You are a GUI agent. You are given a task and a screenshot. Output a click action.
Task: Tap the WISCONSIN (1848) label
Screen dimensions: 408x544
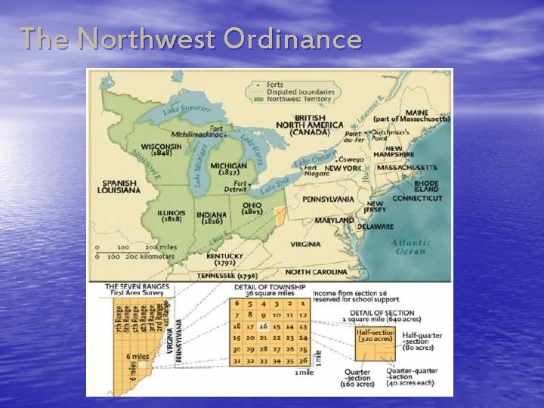(161, 149)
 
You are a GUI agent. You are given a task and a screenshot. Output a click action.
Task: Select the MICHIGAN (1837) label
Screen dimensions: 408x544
(228, 168)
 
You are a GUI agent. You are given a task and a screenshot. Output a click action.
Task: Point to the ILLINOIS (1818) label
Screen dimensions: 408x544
(172, 217)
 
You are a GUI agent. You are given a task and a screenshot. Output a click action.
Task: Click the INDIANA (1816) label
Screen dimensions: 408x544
(212, 218)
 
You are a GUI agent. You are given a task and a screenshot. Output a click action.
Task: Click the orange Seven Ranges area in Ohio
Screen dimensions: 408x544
(279, 218)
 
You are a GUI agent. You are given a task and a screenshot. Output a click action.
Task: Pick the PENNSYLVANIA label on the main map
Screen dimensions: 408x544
(328, 199)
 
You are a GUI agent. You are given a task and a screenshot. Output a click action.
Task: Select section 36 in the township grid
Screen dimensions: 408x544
(303, 361)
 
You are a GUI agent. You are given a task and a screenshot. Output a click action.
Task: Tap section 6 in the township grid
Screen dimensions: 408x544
(238, 302)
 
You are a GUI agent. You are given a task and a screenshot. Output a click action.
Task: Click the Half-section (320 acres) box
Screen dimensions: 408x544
(376, 336)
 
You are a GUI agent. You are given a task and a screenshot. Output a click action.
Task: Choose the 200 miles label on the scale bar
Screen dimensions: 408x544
(159, 247)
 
